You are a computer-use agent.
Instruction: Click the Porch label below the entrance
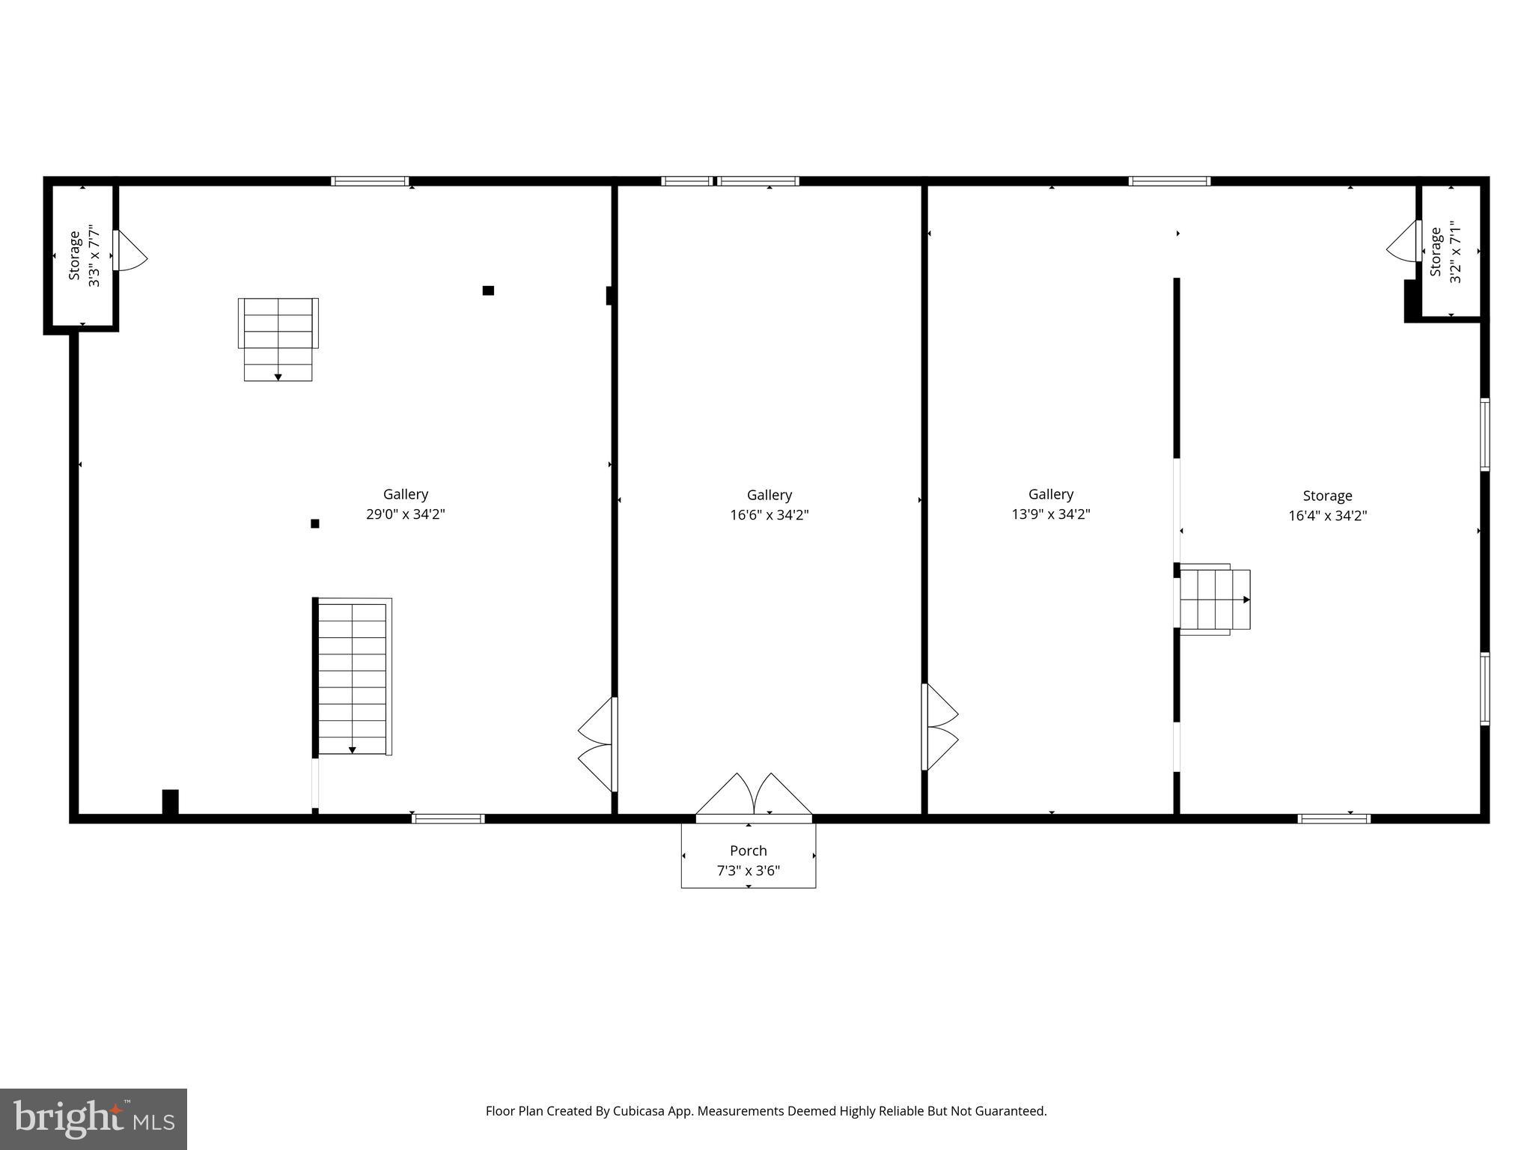748,851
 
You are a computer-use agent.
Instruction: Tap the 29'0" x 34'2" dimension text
405,514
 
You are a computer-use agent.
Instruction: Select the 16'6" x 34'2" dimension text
769,515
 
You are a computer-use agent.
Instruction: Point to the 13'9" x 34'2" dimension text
1050,514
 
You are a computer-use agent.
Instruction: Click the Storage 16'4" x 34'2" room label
1327,496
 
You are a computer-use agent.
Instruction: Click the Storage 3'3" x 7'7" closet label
74,255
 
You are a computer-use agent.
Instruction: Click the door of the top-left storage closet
129,251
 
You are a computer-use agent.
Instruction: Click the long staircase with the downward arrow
352,676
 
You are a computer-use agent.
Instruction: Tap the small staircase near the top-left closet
278,338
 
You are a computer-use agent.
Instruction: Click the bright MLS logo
93,1119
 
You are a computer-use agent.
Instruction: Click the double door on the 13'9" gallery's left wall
940,727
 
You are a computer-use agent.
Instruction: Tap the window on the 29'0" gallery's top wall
370,181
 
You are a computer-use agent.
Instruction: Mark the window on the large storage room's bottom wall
1334,818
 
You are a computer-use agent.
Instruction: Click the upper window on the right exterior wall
1485,434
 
